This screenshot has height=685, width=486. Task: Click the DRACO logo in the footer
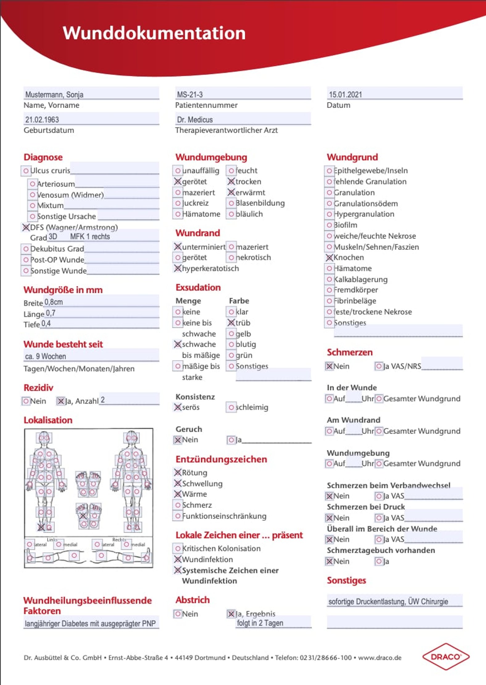(446, 657)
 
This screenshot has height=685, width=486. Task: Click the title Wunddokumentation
(154, 33)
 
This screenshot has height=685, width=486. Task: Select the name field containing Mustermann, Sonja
(54, 95)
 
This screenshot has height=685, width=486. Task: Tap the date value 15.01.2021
(345, 95)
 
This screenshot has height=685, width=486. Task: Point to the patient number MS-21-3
(190, 95)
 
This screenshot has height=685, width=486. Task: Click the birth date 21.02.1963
(42, 120)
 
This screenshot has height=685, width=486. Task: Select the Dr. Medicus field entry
(195, 120)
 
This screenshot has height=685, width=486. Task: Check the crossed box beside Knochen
(330, 258)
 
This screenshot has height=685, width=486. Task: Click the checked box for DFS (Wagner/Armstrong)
(26, 228)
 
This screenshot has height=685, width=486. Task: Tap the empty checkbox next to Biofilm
(330, 225)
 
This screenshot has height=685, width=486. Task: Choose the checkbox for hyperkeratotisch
(178, 269)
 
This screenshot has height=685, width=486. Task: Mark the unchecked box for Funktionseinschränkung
(178, 516)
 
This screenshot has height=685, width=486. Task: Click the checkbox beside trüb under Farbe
(231, 323)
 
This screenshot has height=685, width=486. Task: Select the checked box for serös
(178, 408)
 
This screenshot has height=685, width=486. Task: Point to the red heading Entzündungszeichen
(221, 459)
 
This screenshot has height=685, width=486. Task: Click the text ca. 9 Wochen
(46, 356)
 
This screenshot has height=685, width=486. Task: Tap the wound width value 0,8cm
(54, 302)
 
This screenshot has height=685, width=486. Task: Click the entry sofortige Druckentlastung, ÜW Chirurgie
(388, 601)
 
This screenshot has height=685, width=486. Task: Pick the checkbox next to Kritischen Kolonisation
(178, 549)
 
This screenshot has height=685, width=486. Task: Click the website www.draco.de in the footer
(380, 658)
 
